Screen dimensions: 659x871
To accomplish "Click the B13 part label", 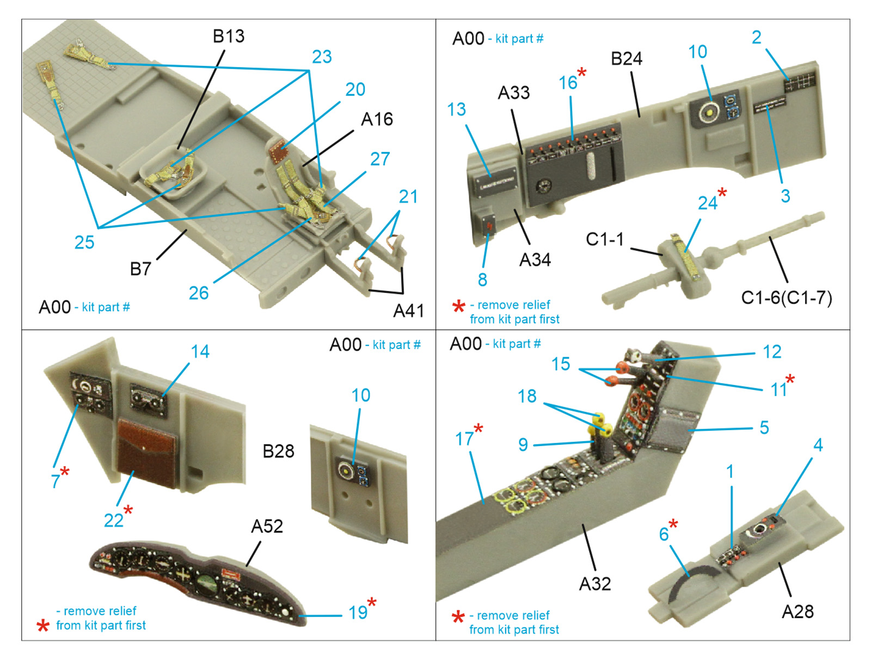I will [228, 36].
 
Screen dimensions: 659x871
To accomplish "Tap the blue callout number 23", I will [322, 57].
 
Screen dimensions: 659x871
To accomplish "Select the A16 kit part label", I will [377, 119].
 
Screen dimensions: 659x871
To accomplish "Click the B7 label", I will [140, 269].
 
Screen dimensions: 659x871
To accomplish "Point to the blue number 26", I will [199, 293].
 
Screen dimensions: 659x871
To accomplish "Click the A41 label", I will [408, 310].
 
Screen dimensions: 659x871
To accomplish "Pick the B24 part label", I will [626, 59].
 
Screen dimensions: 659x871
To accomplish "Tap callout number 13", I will [456, 109].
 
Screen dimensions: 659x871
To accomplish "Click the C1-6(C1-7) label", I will [786, 298].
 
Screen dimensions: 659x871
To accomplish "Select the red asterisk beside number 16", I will [582, 72].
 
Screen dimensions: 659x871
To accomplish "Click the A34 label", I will [535, 260].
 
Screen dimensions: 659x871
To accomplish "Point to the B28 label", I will [278, 451].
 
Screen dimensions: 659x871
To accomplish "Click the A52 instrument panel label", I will [267, 526].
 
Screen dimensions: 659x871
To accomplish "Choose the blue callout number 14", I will [200, 352].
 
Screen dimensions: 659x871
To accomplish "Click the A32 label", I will [594, 584].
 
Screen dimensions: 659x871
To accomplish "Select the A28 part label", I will [798, 612].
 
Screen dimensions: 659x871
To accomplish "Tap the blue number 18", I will [527, 396].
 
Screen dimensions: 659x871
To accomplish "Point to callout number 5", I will [764, 428].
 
